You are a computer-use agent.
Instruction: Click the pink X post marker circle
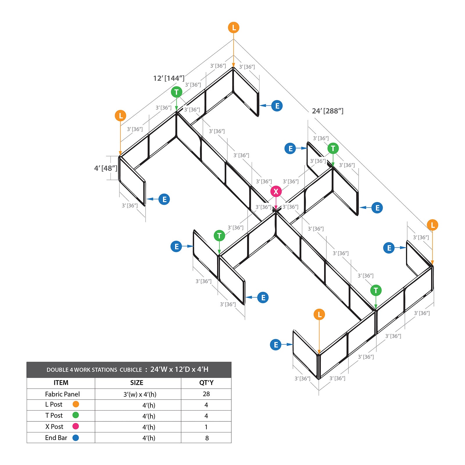[276, 192]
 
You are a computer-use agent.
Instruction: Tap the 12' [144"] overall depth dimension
[169, 78]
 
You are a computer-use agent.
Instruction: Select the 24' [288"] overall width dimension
[328, 111]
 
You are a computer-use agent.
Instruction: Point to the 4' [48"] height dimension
[106, 168]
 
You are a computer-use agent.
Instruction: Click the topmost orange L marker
[234, 28]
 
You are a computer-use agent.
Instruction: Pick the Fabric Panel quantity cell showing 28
[206, 394]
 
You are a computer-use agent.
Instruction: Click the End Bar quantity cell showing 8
[207, 438]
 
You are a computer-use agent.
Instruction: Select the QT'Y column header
[206, 383]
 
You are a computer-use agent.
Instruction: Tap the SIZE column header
[137, 383]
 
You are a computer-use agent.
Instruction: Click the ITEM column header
[61, 383]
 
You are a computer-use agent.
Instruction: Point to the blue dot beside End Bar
[76, 438]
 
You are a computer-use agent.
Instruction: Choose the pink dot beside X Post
[76, 426]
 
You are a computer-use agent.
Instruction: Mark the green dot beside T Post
[76, 415]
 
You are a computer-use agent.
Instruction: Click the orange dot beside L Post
[76, 404]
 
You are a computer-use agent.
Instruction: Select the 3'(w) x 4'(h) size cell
[140, 394]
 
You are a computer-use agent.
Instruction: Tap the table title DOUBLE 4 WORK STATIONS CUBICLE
[94, 370]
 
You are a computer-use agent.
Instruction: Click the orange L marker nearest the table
[319, 314]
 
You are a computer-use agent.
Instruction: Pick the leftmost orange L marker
[120, 116]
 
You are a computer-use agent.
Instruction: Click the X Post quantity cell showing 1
[206, 427]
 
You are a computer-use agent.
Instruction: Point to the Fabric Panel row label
[62, 394]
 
